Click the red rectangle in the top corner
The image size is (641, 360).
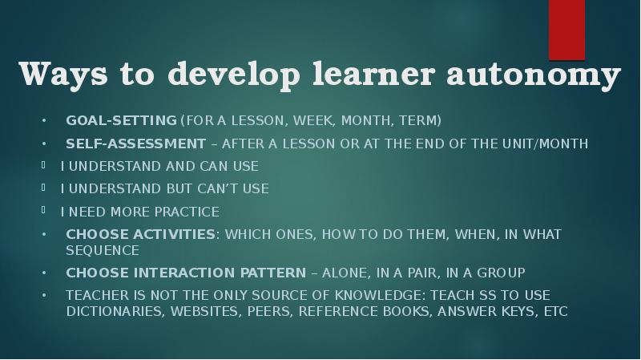coord(566,29)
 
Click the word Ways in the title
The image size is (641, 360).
coord(63,75)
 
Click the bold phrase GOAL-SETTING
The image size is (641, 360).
coord(121,121)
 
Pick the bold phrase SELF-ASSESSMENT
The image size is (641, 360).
coord(135,144)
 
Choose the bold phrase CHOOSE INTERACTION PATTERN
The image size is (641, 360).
coord(186,272)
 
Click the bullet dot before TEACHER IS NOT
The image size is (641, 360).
coord(44,295)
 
